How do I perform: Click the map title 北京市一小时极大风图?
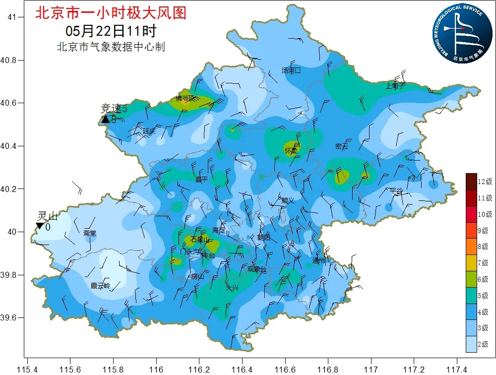tap(111, 13)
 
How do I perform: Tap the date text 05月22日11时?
tap(111, 31)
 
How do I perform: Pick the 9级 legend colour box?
tap(471, 230)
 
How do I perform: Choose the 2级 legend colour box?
tap(471, 343)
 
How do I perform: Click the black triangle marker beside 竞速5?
tap(105, 119)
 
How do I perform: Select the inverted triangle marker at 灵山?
tap(40, 226)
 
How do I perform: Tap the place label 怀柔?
tap(291, 150)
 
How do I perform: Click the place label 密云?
tap(342, 146)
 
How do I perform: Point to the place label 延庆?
tap(149, 131)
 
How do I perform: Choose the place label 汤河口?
tap(291, 70)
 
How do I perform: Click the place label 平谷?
tap(397, 190)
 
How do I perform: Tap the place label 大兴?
tap(232, 288)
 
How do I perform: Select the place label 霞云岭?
tap(101, 286)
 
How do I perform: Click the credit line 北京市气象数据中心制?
tap(111, 47)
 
